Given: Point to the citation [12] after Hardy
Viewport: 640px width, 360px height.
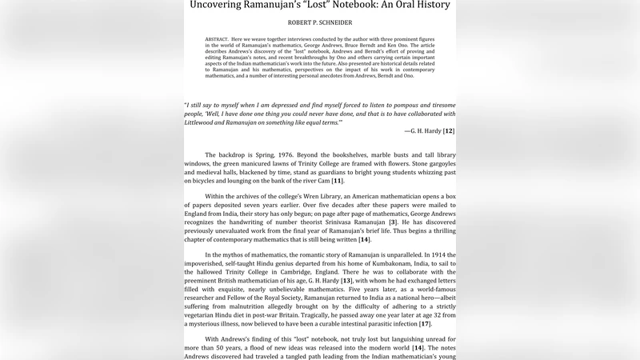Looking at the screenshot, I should (x=449, y=130).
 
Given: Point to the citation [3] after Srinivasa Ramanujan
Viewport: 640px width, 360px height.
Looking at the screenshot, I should (x=404, y=222).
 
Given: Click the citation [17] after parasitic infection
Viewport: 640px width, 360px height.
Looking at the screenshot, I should (x=426, y=323).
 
